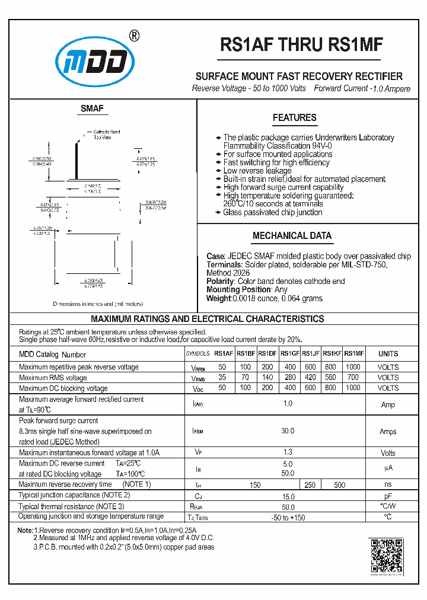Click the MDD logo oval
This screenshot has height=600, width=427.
coord(95,62)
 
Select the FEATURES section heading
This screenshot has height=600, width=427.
coord(294,118)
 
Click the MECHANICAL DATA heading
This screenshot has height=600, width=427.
coord(292,236)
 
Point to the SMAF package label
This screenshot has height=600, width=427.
coord(92,108)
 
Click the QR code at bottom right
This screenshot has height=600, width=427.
coord(386,555)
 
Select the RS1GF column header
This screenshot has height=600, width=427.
coord(289,354)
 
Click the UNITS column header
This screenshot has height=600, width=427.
coord(388,354)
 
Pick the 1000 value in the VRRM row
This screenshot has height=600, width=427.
coord(353,367)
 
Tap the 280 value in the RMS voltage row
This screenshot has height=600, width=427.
coord(289,378)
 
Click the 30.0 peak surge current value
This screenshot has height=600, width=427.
coord(288,431)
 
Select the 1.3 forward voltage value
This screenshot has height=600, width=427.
coord(288,452)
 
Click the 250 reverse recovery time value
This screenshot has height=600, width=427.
coord(310,484)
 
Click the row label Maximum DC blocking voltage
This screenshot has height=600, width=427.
coord(63,388)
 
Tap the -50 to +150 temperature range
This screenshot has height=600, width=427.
coord(288,517)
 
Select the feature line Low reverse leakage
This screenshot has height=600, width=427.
coord(257,171)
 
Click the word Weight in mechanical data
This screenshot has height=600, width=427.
coord(218,298)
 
